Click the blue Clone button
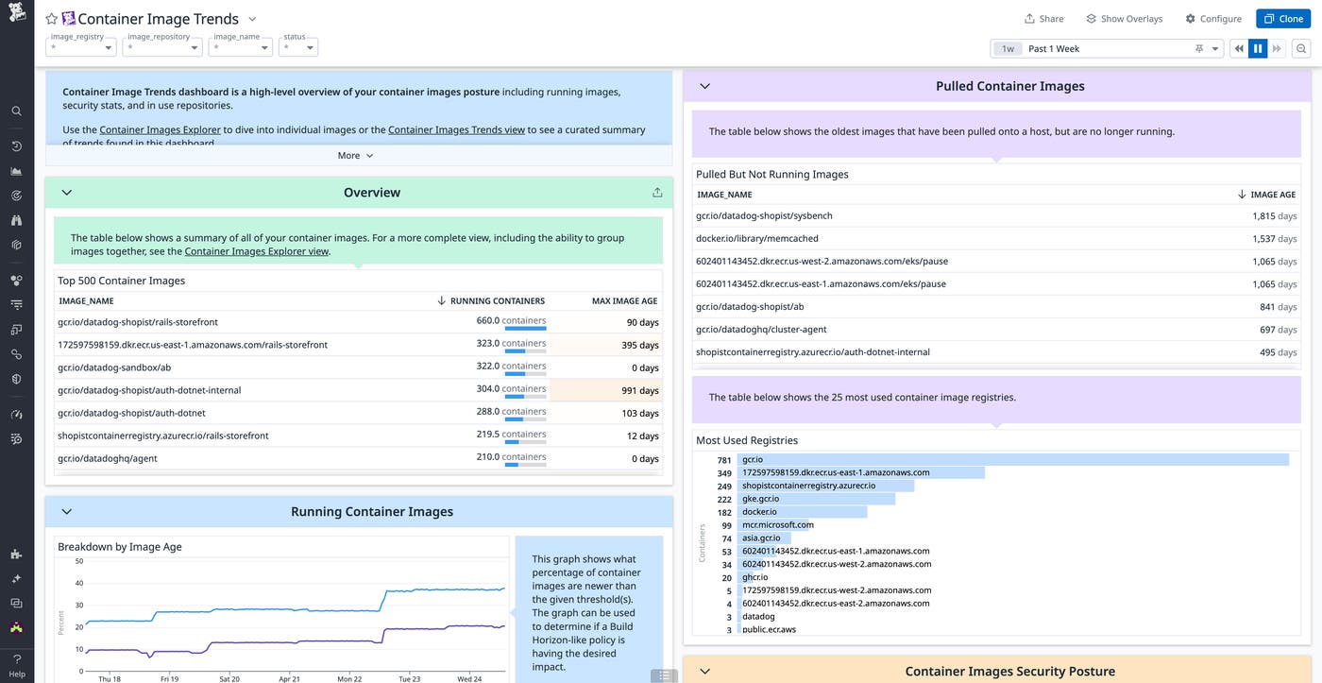coord(1282,19)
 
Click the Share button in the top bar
coord(1043,19)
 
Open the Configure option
coord(1213,19)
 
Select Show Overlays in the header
coord(1124,19)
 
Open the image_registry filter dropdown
coord(81,47)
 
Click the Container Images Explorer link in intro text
coord(161,130)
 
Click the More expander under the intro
coord(356,156)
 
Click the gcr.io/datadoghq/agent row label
coord(108,459)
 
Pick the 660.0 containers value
coord(511,321)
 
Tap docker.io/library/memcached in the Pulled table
coord(756,239)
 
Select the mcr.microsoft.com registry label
coord(778,525)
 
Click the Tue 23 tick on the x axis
coord(409,679)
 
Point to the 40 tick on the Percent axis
coord(79,584)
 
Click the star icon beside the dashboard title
coord(52,19)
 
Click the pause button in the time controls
coord(1257,49)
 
